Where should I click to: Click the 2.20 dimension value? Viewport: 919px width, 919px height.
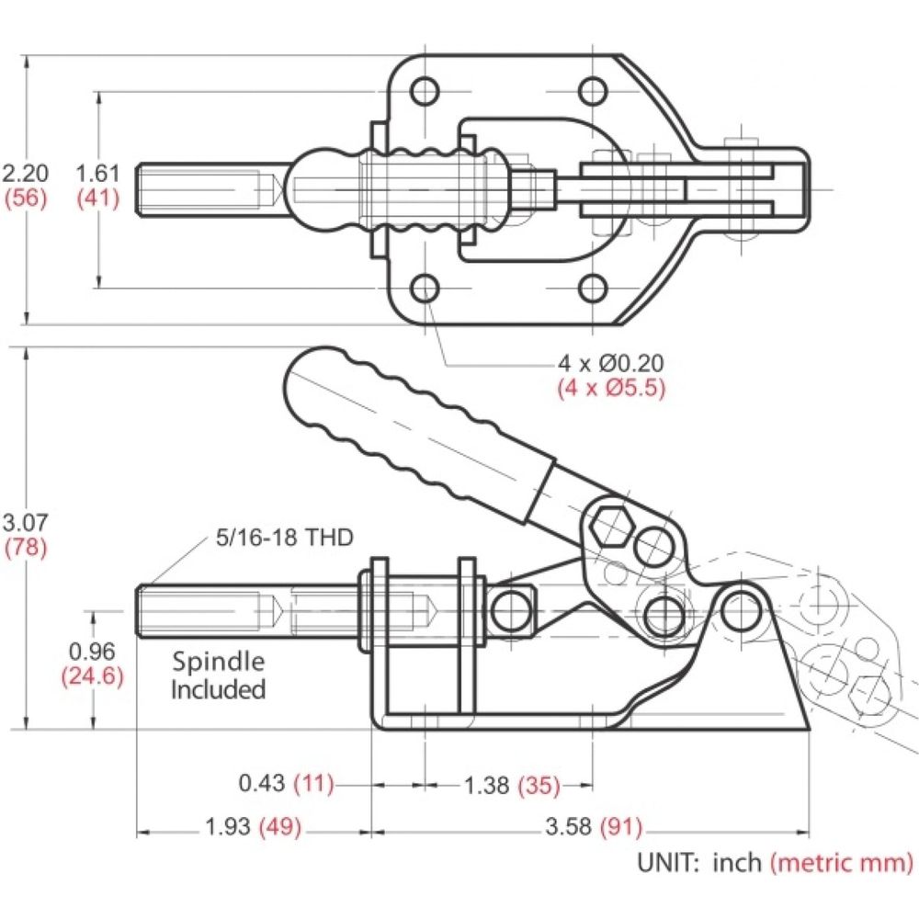pyautogui.click(x=25, y=174)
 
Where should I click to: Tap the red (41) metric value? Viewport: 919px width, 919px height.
pyautogui.click(x=98, y=199)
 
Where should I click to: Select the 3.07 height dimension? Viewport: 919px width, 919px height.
pyautogui.click(x=25, y=522)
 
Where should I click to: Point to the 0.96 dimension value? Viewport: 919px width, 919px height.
pyautogui.click(x=92, y=652)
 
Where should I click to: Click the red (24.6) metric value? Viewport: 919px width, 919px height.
pyautogui.click(x=92, y=676)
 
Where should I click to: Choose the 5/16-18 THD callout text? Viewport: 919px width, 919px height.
pyautogui.click(x=285, y=538)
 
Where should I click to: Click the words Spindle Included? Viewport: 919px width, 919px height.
pyautogui.click(x=218, y=675)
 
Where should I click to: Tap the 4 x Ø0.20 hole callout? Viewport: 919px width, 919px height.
pyautogui.click(x=611, y=363)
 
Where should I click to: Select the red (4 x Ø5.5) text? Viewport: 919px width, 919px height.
pyautogui.click(x=611, y=388)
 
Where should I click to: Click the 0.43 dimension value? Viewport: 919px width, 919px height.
pyautogui.click(x=261, y=783)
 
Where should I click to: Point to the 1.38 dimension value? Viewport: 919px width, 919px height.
pyautogui.click(x=486, y=786)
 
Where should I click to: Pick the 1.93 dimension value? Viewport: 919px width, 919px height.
pyautogui.click(x=228, y=827)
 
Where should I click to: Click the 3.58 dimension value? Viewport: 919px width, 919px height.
pyautogui.click(x=568, y=827)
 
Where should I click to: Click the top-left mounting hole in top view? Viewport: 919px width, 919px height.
pyautogui.click(x=425, y=92)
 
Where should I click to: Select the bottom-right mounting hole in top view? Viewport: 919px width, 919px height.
pyautogui.click(x=593, y=289)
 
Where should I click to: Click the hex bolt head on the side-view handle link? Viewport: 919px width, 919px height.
pyautogui.click(x=609, y=527)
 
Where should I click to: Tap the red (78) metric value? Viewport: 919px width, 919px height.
pyautogui.click(x=25, y=548)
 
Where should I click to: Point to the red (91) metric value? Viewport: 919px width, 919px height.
pyautogui.click(x=620, y=828)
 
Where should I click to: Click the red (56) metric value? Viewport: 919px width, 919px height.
pyautogui.click(x=25, y=199)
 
